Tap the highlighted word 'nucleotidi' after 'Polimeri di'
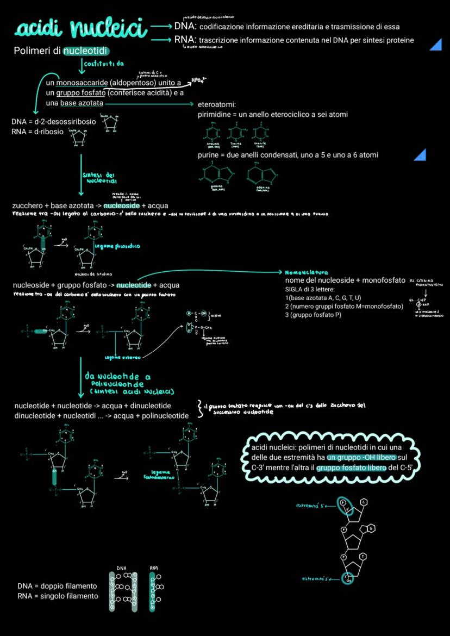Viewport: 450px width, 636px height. [x=86, y=51]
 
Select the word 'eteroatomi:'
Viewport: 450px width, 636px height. [x=216, y=104]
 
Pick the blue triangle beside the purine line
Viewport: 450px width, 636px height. [x=420, y=155]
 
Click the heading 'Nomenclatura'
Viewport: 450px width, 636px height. [x=310, y=272]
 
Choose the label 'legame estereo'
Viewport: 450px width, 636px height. [x=123, y=357]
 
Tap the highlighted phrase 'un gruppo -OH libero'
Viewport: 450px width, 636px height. [x=361, y=457]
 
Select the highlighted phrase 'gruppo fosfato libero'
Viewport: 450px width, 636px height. [x=352, y=467]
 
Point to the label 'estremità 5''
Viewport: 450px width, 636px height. [x=312, y=507]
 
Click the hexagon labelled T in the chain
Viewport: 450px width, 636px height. [x=362, y=556]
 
